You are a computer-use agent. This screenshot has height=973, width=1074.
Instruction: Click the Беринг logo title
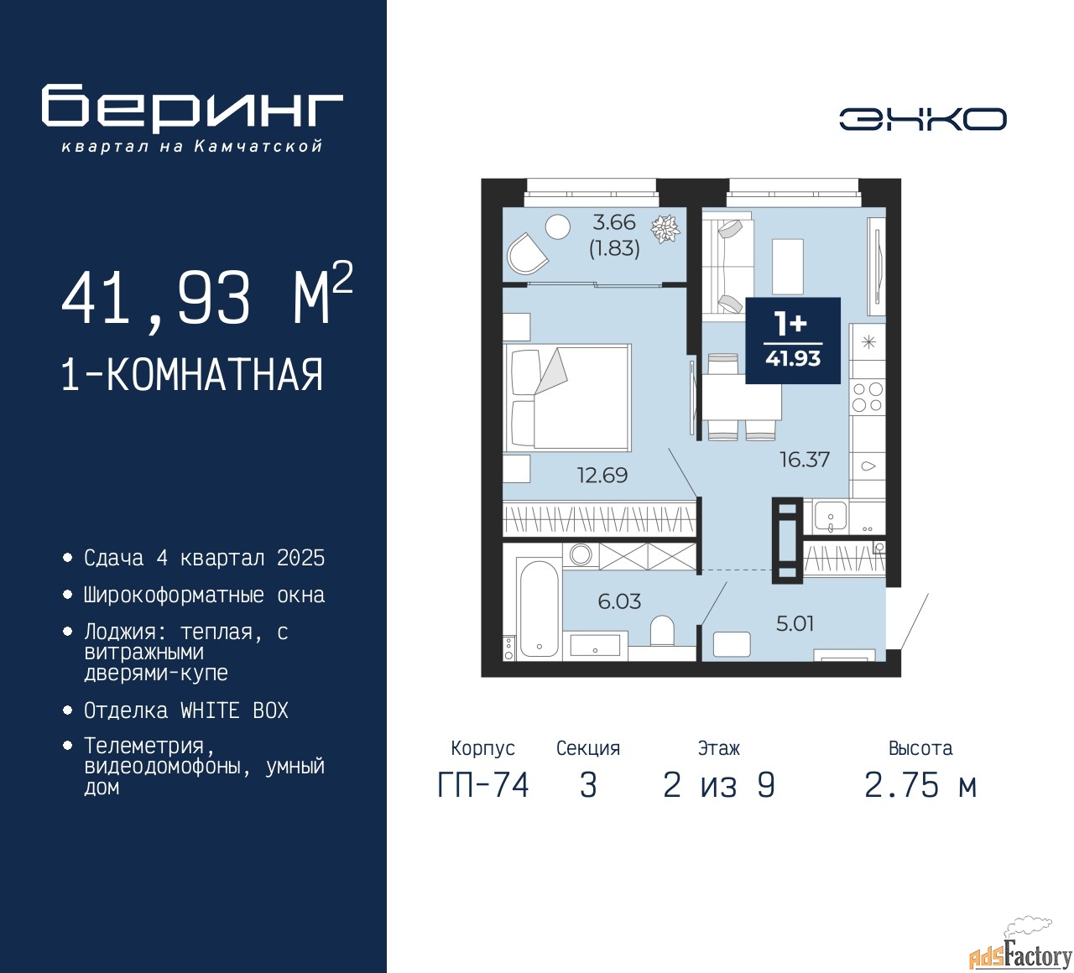[191, 108]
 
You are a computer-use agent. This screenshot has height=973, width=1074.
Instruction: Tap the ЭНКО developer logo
[922, 119]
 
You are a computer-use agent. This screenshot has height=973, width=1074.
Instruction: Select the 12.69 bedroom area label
[602, 475]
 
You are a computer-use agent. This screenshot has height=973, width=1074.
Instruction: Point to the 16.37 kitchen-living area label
[804, 459]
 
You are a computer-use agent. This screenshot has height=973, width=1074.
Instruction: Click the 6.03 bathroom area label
[619, 601]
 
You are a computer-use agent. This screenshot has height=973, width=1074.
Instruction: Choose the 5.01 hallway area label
[795, 623]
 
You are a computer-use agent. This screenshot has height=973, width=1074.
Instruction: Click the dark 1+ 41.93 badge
[793, 341]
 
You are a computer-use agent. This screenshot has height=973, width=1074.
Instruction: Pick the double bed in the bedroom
[567, 397]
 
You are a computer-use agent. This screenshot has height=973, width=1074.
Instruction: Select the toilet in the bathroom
[662, 631]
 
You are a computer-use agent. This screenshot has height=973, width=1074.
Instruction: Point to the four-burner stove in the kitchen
[868, 397]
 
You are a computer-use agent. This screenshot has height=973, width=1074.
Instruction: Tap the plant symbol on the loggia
[665, 228]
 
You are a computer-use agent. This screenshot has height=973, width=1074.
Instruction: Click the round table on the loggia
[558, 227]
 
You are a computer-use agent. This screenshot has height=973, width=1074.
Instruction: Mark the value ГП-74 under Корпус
[483, 786]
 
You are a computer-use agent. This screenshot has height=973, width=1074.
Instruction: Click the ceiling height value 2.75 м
[920, 786]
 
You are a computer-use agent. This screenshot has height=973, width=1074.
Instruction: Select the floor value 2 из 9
[718, 786]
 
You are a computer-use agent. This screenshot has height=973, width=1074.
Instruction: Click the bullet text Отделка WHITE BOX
[185, 710]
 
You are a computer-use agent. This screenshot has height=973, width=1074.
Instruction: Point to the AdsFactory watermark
[1020, 955]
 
